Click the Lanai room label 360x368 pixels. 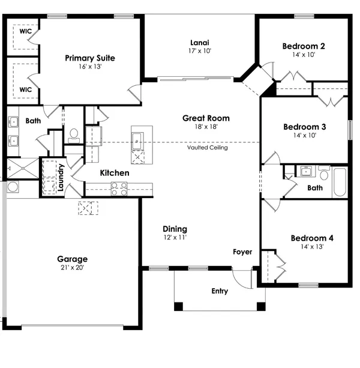[200, 42]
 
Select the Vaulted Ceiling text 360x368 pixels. [207, 148]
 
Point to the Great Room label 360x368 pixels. [206, 118]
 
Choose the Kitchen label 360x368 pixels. [115, 173]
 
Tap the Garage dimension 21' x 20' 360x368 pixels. [71, 268]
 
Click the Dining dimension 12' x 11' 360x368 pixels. [175, 237]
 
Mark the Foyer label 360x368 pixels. [242, 252]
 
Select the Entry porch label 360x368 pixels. [220, 291]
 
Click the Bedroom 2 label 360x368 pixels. [304, 46]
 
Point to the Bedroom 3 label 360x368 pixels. [304, 127]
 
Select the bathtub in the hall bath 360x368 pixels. [339, 181]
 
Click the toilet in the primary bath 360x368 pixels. [74, 136]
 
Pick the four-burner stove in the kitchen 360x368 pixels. [119, 189]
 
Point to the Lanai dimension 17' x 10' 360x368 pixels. [200, 51]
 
